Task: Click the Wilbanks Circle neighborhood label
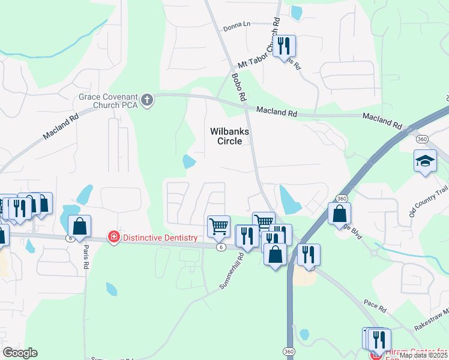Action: click(x=230, y=136)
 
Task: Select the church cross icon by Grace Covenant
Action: click(x=147, y=100)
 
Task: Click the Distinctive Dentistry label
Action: click(x=160, y=238)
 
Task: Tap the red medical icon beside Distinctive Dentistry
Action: click(x=113, y=238)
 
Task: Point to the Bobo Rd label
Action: click(x=240, y=88)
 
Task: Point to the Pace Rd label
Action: click(x=375, y=306)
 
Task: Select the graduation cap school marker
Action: click(x=425, y=161)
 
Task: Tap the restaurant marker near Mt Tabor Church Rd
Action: click(x=285, y=45)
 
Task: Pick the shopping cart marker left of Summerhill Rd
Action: click(x=218, y=226)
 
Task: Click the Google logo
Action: click(x=20, y=353)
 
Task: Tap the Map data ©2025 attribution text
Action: click(x=423, y=355)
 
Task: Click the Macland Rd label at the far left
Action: click(x=61, y=128)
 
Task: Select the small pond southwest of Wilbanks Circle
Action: click(x=189, y=161)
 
